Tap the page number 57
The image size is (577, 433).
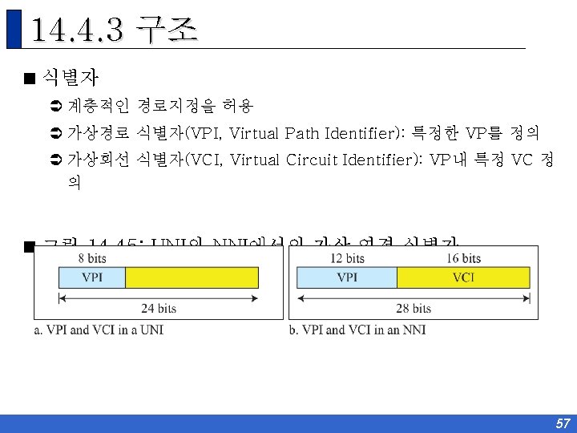[x=562, y=423]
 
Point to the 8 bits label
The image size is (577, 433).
[x=91, y=258]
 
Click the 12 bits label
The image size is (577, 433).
[x=347, y=258]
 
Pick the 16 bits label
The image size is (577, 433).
[x=463, y=258]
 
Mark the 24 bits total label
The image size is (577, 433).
[x=159, y=308]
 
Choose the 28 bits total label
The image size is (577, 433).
[x=414, y=308]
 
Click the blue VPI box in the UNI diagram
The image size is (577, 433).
[x=92, y=277]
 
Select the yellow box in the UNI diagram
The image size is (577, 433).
[x=192, y=277]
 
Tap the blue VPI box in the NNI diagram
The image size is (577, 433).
[x=347, y=277]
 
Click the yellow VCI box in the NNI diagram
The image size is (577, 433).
[x=463, y=277]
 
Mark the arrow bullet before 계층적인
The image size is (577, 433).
[x=56, y=106]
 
